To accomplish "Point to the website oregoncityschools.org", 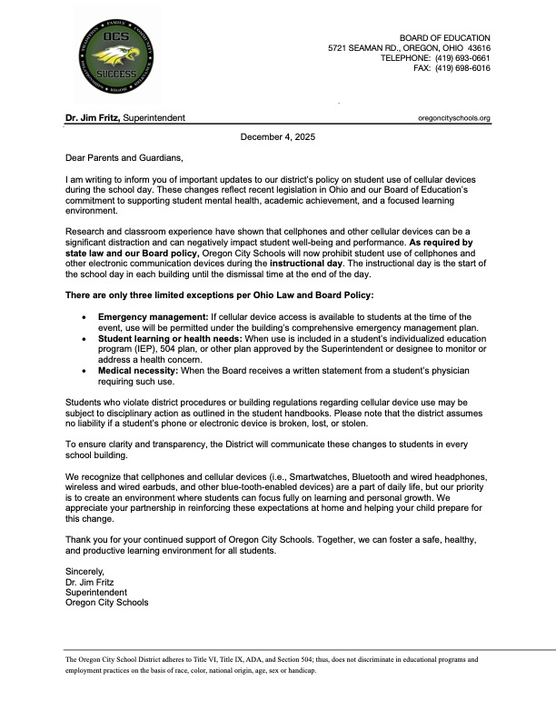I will pos(453,118).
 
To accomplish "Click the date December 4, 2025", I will pos(278,136).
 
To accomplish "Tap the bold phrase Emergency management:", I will pos(154,315).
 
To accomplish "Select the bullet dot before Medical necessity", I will pos(84,371).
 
